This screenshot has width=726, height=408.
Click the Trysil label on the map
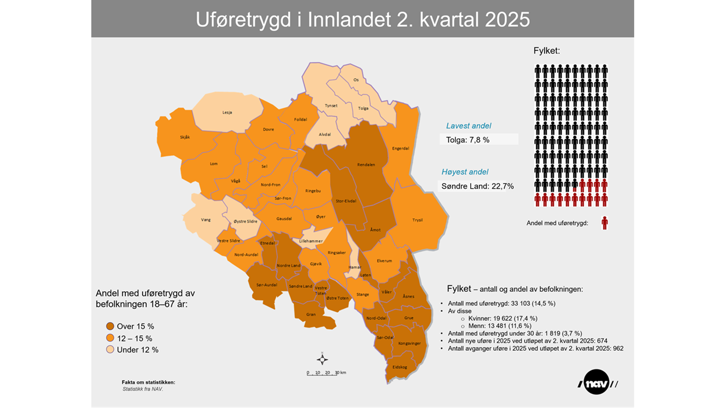coord(417,220)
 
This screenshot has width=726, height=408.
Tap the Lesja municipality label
coord(227,112)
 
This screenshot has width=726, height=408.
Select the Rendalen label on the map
coord(366,165)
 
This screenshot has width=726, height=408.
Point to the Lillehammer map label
coord(311,241)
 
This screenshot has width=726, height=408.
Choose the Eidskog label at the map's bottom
coord(399,367)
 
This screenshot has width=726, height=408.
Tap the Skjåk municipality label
coord(185,138)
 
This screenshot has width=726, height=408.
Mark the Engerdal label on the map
coord(400,149)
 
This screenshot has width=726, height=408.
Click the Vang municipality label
coord(206,220)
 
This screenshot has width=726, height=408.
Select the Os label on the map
coord(356,80)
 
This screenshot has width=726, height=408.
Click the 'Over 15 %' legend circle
coord(110,326)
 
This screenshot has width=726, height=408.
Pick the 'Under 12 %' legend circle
coord(110,350)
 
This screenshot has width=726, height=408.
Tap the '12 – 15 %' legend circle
coord(110,338)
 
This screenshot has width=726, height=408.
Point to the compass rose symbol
coord(322,359)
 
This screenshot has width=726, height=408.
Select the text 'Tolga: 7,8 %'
coord(467,139)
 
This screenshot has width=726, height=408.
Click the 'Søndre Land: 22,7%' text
coord(478,185)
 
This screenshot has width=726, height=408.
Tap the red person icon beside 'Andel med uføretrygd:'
coord(605,223)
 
